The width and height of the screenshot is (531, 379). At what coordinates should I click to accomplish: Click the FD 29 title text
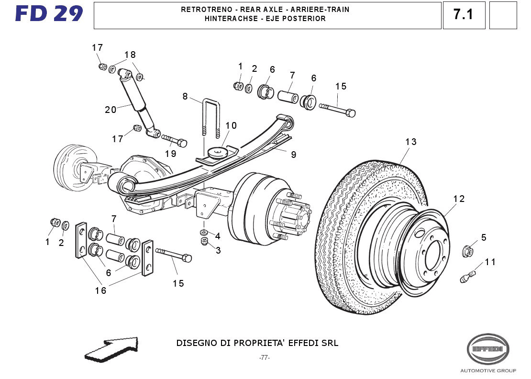pos(49,14)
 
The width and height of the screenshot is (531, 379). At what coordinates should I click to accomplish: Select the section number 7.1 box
pos(464,15)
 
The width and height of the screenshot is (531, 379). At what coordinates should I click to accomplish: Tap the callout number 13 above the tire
pos(411,142)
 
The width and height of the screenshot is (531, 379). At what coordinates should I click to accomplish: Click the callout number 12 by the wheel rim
pos(459,199)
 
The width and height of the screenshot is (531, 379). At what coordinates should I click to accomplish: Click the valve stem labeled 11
pos(468,277)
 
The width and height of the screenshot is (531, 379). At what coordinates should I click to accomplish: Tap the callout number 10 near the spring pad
pos(231,126)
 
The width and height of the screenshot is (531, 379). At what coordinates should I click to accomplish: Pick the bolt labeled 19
pos(175,141)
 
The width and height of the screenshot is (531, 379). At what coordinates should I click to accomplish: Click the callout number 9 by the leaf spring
pos(293,155)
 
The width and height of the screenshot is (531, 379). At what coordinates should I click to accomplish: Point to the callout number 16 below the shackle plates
pos(100,290)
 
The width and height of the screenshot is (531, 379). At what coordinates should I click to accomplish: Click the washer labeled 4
pos(204,233)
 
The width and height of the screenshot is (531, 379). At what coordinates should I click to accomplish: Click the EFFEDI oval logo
pos(488,349)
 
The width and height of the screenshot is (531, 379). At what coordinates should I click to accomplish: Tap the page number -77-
pos(265,357)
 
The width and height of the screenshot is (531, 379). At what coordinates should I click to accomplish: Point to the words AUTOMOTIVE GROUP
pos(488,371)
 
